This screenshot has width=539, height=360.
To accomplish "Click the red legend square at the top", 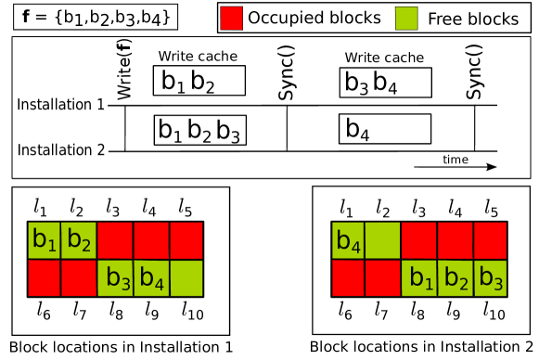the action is pos(231,18).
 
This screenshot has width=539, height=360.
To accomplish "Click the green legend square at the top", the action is pos(406,18).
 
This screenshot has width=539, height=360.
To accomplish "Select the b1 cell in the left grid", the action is pos(44,240).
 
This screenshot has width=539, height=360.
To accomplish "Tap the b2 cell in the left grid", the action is pos(79,240).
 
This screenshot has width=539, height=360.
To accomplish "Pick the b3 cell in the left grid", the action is pos(115,278).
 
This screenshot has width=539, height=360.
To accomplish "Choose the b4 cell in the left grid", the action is pos(151,278).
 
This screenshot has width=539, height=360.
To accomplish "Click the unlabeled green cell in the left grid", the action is pos(186,278).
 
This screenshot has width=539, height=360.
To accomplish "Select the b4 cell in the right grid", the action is pos(348,240).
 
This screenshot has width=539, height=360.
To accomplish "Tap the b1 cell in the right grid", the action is pos(419,278).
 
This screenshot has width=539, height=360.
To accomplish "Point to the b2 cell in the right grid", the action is pos(456,278).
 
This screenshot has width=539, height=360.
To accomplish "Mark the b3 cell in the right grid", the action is pos(491,278).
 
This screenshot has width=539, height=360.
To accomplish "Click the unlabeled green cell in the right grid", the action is pos(383,240).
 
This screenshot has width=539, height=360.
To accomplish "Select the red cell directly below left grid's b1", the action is pos(44,278).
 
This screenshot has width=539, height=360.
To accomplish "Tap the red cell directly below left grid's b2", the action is pos(79,278).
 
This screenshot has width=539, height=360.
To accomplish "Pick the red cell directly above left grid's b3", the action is pos(115,240).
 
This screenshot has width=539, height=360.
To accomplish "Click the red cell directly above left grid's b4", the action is pos(151,240).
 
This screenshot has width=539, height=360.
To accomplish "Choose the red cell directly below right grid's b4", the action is pos(348,278).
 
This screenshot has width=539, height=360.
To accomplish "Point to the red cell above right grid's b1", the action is pos(419,240).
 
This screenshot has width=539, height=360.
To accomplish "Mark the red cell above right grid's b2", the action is pos(456,240).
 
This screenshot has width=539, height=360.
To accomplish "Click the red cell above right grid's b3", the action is pos(491,240).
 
